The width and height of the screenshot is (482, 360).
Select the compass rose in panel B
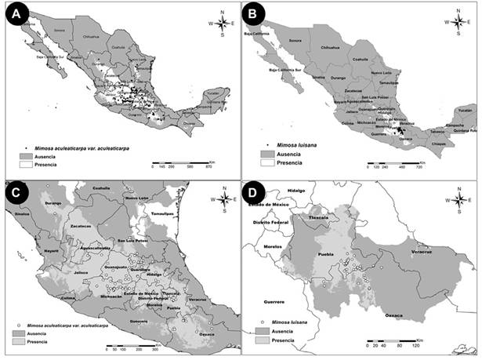click(x=456, y=22)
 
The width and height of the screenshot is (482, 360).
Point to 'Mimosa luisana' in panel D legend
click(x=291, y=322)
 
